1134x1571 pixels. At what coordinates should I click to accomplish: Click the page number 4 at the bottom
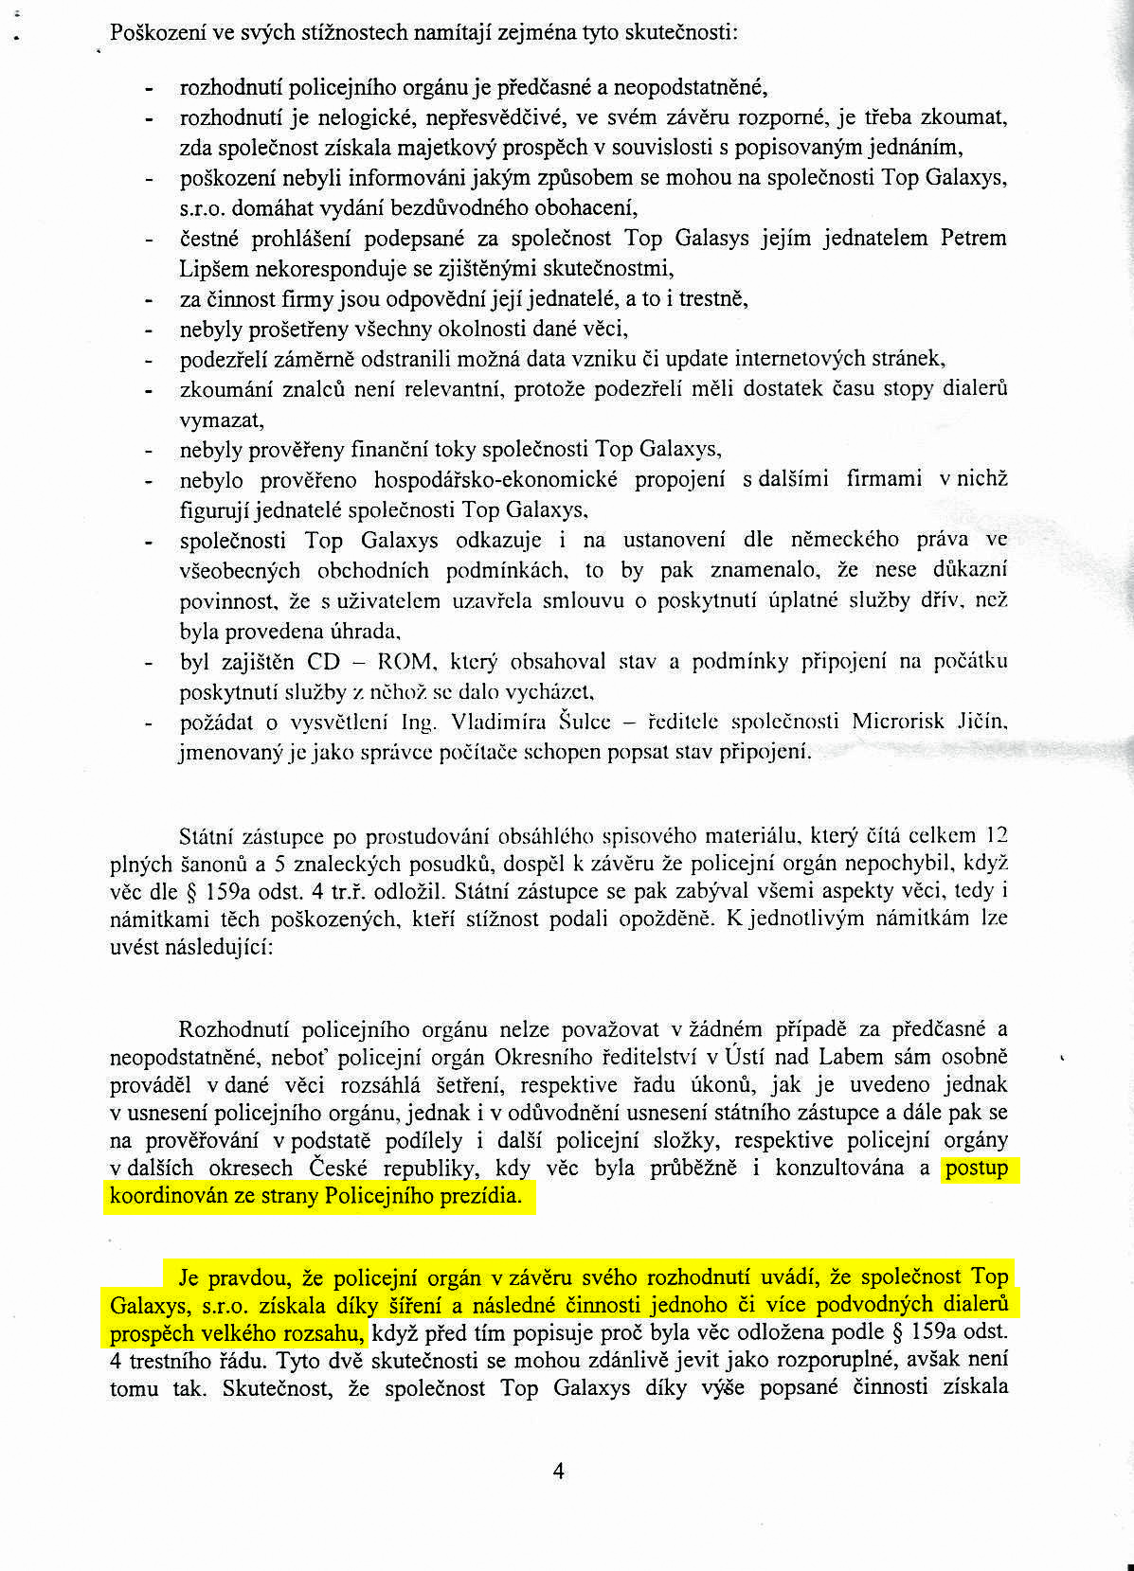pyautogui.click(x=558, y=1471)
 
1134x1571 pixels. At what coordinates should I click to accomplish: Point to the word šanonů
pyautogui.click(x=204, y=864)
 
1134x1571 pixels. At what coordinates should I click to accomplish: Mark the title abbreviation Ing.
pyautogui.click(x=418, y=723)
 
